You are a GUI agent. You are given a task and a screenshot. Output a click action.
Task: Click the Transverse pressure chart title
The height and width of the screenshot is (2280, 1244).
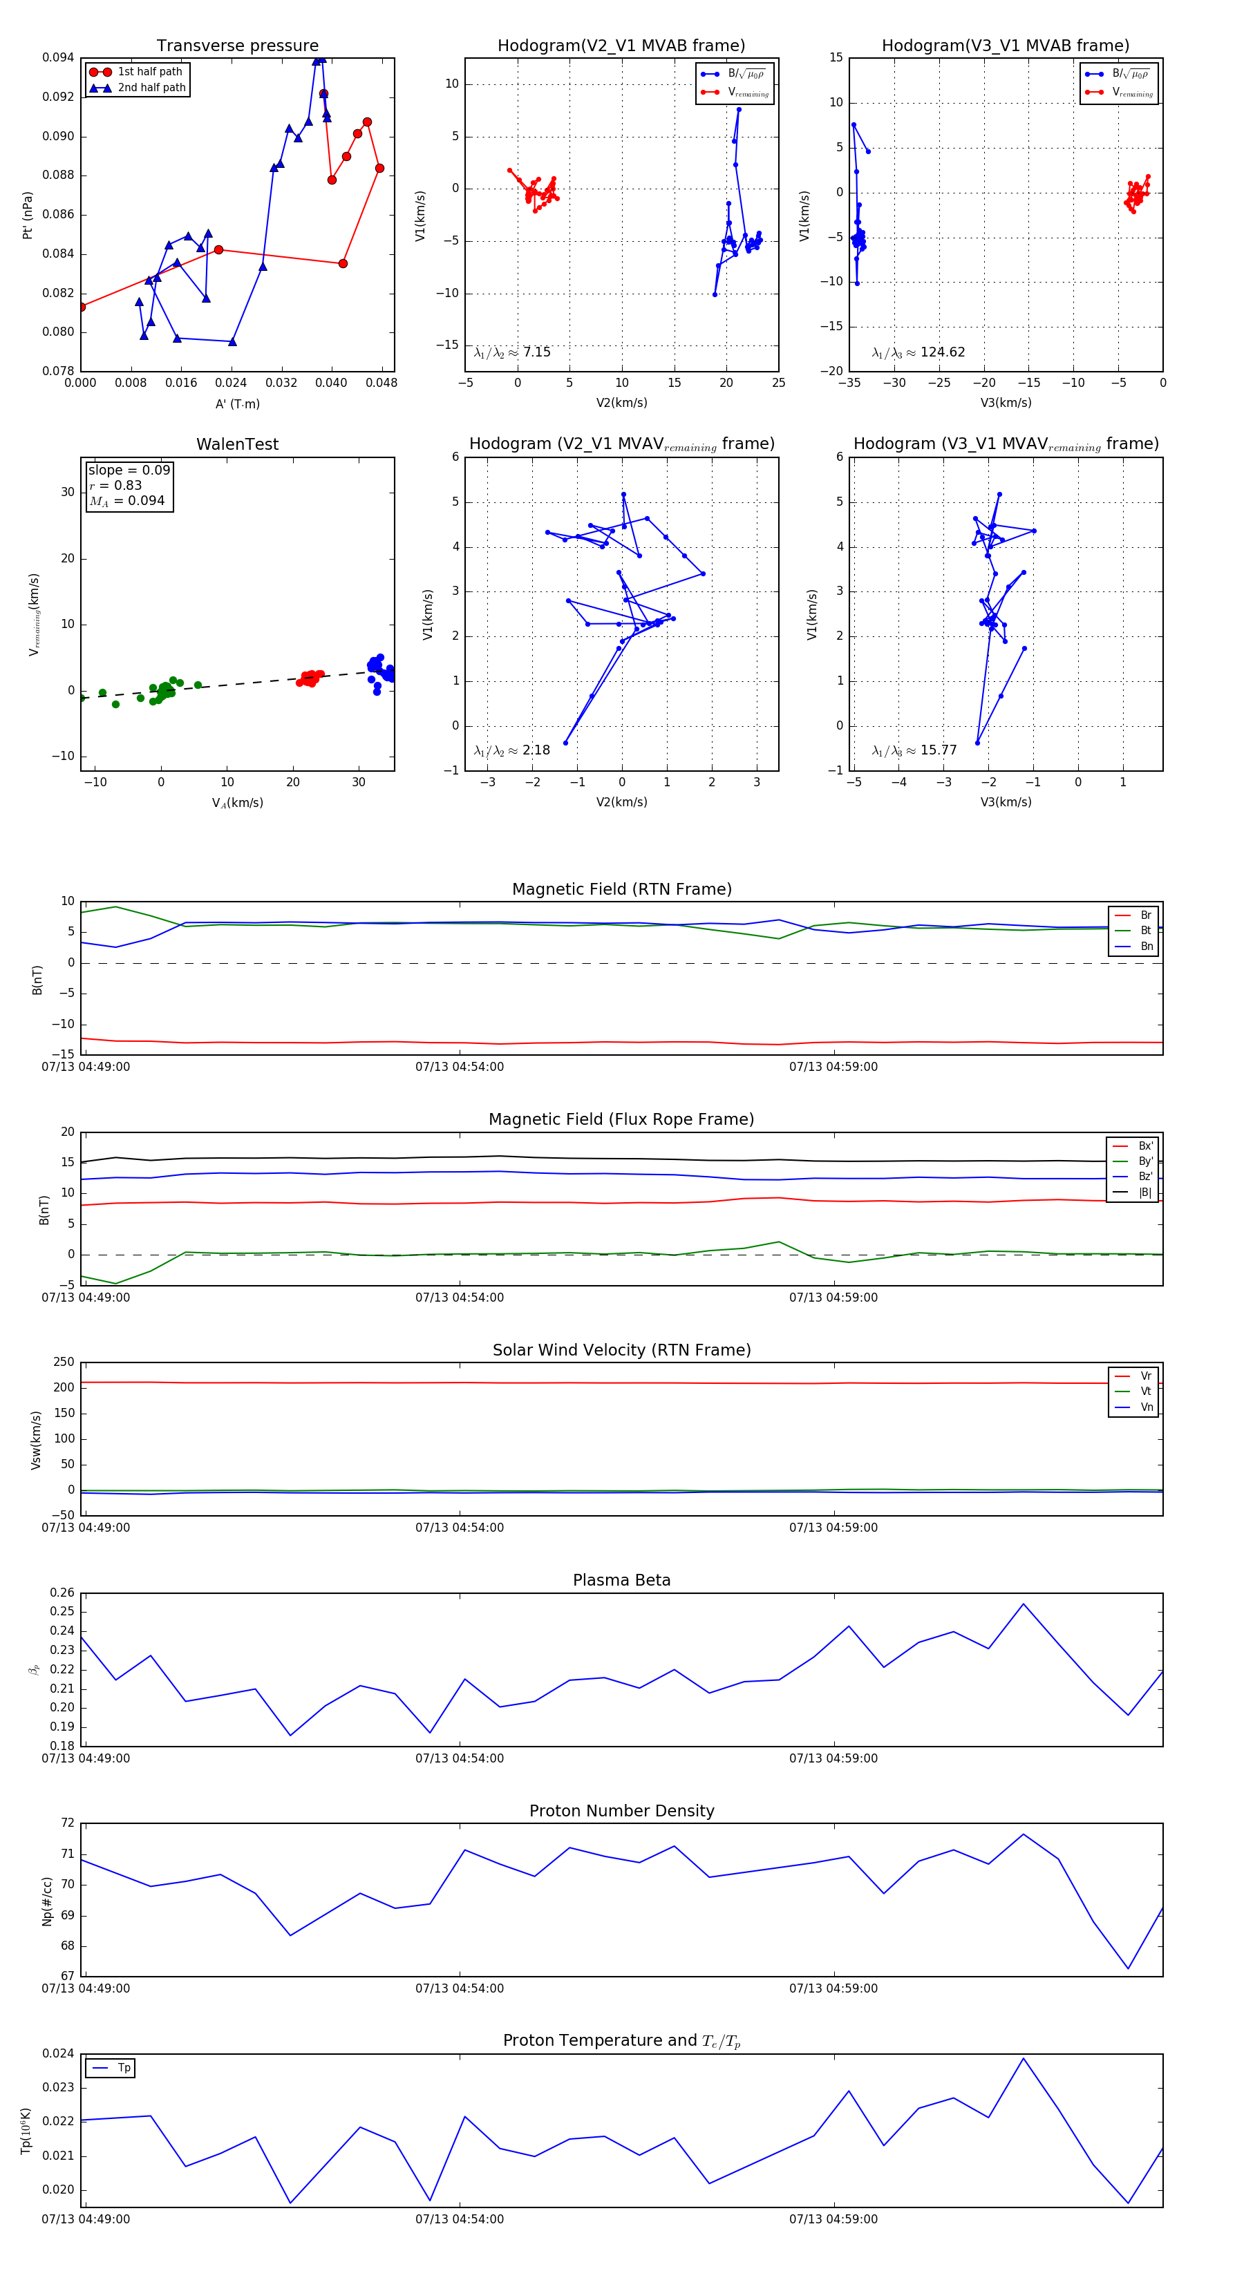(x=237, y=46)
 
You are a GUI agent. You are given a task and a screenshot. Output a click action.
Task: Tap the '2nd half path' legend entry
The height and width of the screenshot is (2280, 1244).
(x=151, y=88)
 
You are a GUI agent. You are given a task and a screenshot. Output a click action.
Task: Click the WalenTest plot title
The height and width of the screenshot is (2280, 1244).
(x=237, y=444)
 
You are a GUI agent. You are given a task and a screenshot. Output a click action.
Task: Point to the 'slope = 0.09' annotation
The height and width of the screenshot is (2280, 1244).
(x=129, y=470)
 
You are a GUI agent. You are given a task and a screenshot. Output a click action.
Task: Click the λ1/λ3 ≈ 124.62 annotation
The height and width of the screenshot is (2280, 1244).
(x=918, y=352)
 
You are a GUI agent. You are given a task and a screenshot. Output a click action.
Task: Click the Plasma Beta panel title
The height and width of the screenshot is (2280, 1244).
(x=621, y=1581)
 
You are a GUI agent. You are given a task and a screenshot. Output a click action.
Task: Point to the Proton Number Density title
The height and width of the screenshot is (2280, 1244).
(x=621, y=1811)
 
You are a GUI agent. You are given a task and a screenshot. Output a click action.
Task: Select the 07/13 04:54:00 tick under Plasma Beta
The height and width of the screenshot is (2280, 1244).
(x=460, y=1758)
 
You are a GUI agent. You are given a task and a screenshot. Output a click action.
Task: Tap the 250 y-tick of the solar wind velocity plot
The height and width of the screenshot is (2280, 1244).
(x=64, y=1362)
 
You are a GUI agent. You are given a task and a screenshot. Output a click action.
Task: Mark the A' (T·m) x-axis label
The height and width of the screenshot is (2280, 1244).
(x=237, y=403)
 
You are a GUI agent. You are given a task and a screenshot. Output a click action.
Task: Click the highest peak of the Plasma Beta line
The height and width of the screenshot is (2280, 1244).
(x=1023, y=1604)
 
